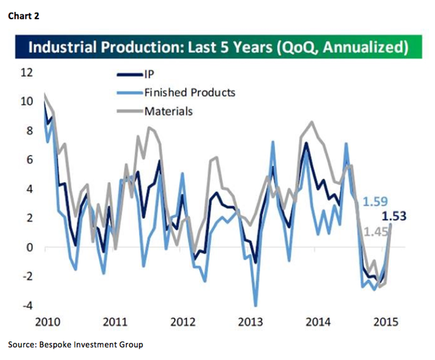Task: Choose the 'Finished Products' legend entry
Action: (x=189, y=92)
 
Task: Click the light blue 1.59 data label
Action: (x=374, y=203)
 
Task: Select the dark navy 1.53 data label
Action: (x=393, y=217)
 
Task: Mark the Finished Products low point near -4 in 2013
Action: (x=256, y=306)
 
